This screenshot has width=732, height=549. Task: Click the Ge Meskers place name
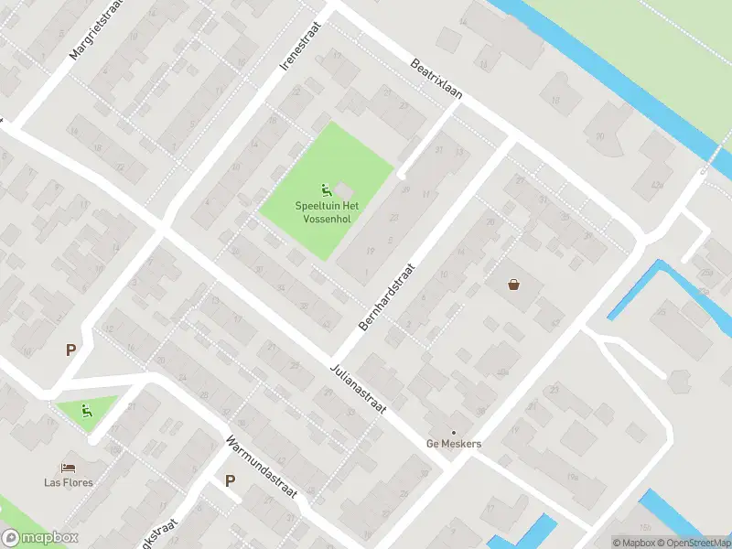point(454,445)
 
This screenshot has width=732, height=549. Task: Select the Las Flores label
point(69,482)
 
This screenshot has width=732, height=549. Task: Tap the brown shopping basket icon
point(514,285)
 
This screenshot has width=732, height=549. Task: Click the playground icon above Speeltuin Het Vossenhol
point(326,190)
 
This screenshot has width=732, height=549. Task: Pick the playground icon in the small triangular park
point(87,411)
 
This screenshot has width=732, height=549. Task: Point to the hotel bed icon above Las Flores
point(68,468)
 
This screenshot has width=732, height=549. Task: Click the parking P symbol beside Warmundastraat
point(230,481)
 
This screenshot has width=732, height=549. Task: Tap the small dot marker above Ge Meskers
point(454,432)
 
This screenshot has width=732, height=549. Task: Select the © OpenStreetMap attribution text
point(688,543)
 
